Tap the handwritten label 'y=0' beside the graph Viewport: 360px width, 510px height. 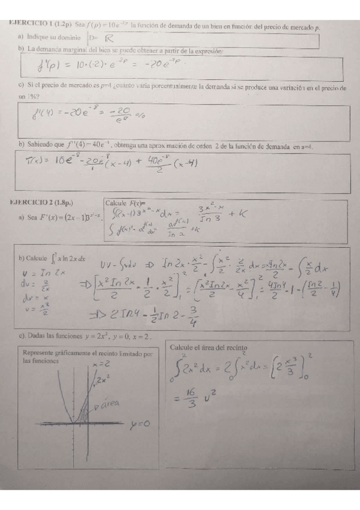[140, 425]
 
